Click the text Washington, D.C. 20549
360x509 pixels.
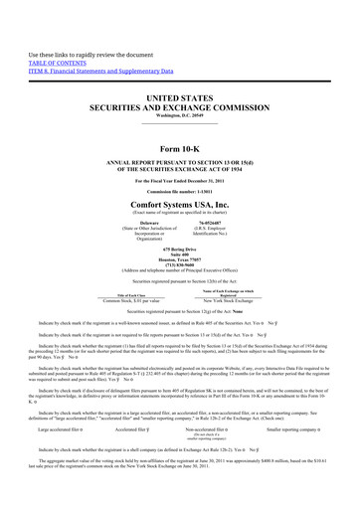(180, 107)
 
